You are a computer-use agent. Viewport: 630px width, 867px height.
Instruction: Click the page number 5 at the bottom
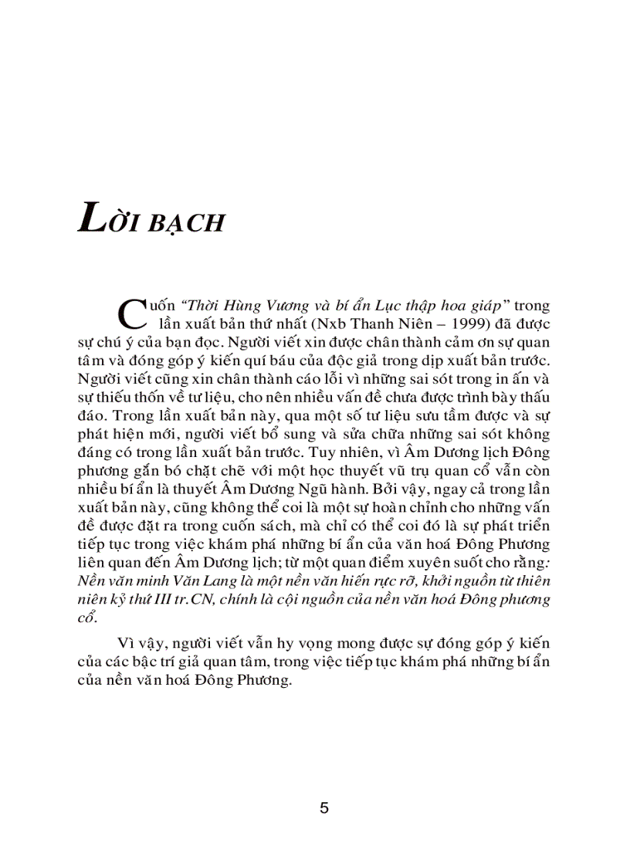pos(324,808)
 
